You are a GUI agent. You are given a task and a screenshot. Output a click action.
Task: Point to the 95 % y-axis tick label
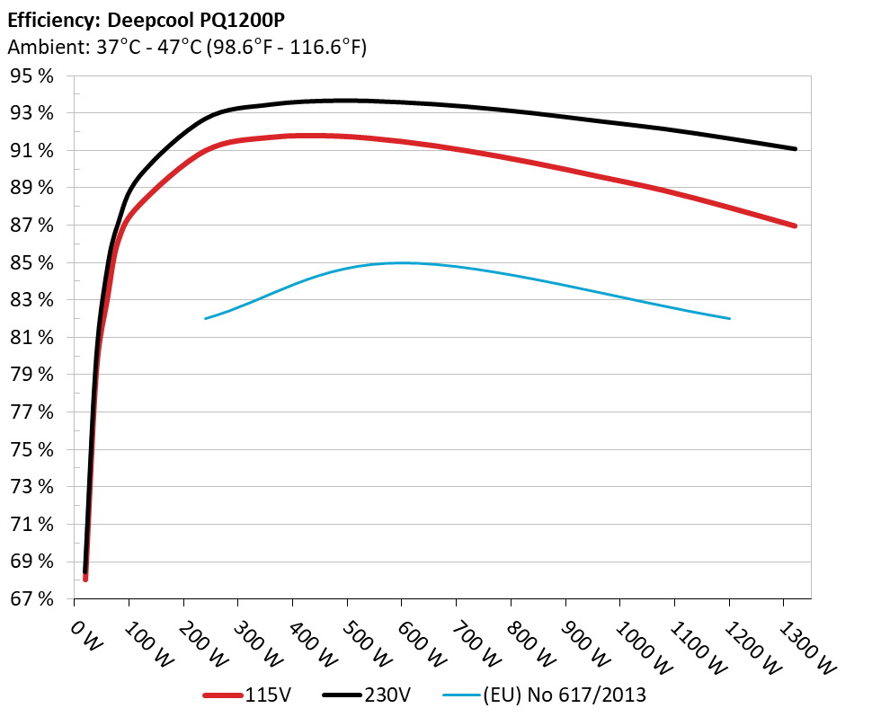coord(31,76)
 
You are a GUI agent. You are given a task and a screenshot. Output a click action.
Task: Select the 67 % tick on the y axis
coord(31,598)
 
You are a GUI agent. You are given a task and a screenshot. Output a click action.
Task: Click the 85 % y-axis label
coord(31,262)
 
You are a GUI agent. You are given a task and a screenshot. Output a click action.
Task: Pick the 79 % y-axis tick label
coord(31,375)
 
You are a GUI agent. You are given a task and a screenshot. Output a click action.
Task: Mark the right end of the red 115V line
coord(795,226)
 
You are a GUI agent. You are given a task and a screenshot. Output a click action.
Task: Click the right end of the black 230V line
coord(795,148)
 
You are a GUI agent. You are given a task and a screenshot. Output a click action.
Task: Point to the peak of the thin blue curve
coord(401,262)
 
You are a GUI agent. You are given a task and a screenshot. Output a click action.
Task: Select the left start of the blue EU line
coord(206,318)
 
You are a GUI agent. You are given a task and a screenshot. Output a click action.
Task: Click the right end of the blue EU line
coord(729,318)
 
